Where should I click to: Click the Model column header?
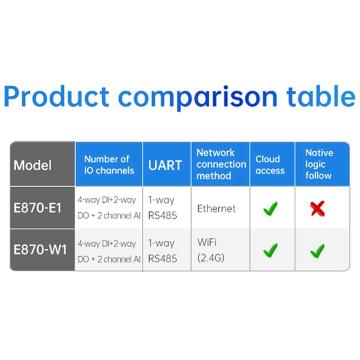[x=32, y=165]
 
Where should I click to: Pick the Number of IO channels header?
[x=109, y=165]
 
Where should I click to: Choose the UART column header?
[x=166, y=165]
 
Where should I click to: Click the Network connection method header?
[x=220, y=164]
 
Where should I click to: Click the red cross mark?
[x=318, y=208]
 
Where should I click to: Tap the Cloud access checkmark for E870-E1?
[x=270, y=208]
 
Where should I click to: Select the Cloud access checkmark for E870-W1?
[x=270, y=250]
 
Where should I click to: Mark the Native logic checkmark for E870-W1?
[x=318, y=250]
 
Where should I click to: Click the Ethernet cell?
[x=216, y=209]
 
